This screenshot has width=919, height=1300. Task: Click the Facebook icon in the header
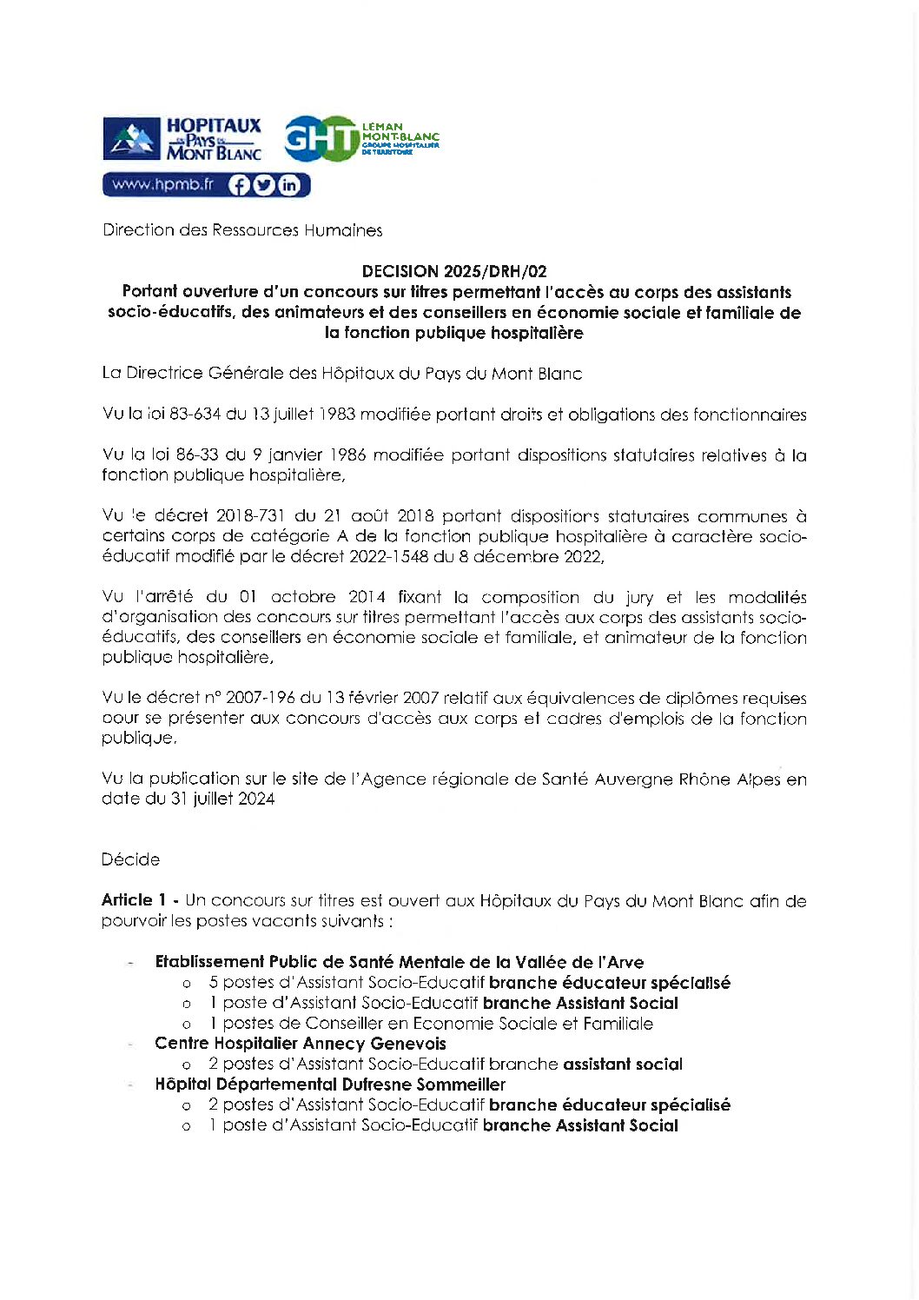[239, 185]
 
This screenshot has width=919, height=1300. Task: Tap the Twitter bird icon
[264, 185]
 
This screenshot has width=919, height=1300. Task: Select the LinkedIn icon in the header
[288, 185]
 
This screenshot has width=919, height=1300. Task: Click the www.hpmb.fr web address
[163, 184]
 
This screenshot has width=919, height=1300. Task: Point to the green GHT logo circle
[321, 139]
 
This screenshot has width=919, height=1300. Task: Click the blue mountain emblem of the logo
[131, 139]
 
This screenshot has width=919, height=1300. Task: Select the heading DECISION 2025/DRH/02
[454, 271]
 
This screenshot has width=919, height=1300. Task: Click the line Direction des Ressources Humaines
[242, 230]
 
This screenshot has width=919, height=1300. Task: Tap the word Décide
[130, 859]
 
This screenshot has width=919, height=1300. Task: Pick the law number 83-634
[195, 415]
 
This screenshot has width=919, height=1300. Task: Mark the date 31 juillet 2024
[222, 799]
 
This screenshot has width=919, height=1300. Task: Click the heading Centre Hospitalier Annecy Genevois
[300, 1044]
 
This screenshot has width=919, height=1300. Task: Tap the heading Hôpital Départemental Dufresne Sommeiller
[329, 1084]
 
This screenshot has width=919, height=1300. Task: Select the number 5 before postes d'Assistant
[213, 983]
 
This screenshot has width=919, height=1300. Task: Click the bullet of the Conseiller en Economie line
[186, 1025]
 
